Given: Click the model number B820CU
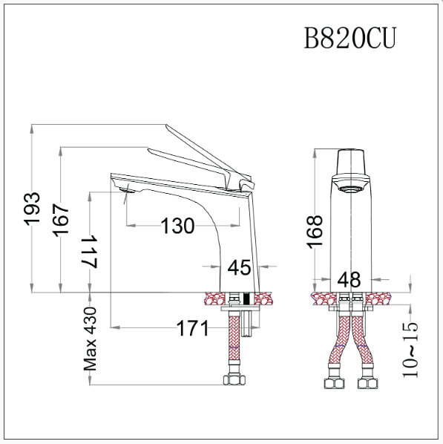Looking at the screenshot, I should [x=350, y=37].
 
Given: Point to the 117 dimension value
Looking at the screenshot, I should [x=90, y=252].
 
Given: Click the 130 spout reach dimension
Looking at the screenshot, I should [x=178, y=226].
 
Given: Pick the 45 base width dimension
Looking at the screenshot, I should [x=239, y=267].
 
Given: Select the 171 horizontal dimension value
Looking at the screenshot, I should [x=192, y=327].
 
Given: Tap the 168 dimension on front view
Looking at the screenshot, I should [x=315, y=230].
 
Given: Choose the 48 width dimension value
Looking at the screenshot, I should [x=349, y=280].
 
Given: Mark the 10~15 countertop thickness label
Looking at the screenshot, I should [x=410, y=349].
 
